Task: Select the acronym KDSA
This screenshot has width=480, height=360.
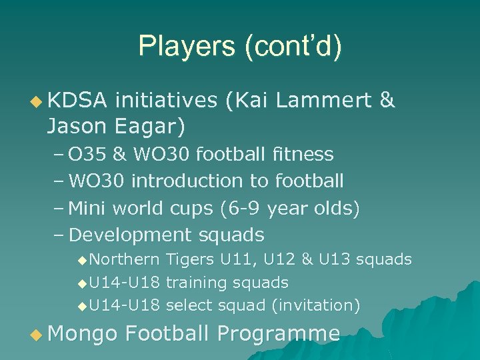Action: pos(77,101)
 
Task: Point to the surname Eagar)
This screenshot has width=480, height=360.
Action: pos(150,124)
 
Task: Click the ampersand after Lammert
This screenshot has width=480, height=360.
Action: pos(386,101)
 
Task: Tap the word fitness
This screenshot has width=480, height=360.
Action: pos(303,155)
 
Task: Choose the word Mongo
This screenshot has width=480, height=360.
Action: pos(83,333)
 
